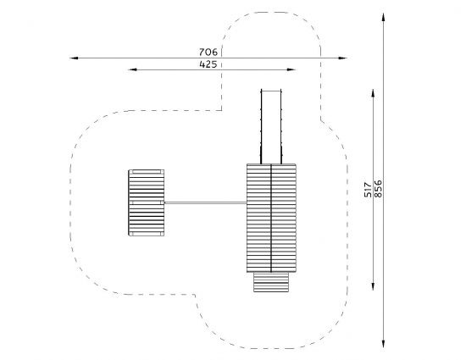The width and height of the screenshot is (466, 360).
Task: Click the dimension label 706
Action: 208,52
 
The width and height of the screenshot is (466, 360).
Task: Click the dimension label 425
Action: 208,64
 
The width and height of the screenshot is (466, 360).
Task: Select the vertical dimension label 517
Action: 368,190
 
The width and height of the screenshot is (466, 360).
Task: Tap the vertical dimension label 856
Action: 378,189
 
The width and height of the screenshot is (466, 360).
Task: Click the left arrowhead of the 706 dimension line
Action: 74,58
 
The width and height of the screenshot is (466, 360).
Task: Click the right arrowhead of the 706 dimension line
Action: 342,58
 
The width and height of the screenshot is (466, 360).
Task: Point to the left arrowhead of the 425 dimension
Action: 132,69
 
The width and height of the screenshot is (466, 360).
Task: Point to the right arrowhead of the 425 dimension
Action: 291,69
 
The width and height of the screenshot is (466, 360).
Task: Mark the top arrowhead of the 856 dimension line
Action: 383,17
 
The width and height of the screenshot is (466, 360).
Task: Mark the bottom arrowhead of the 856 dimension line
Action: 383,344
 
